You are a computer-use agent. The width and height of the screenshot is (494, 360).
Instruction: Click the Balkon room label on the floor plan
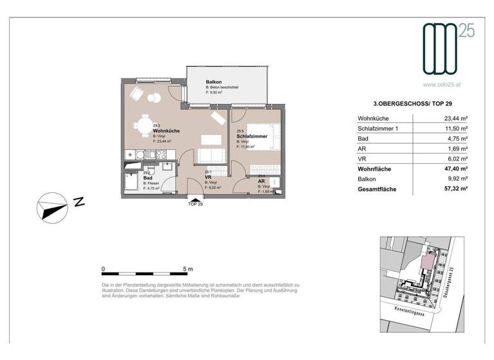click(214, 83)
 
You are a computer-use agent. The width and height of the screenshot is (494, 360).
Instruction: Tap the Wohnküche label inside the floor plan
click(166, 131)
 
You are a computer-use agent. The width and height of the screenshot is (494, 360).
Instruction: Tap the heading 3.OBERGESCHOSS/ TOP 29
click(412, 103)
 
